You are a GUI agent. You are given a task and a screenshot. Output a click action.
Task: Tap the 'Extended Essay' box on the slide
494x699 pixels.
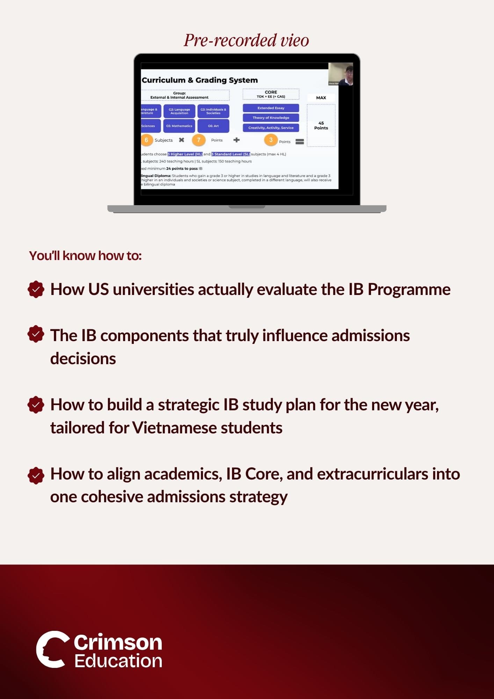[x=271, y=108]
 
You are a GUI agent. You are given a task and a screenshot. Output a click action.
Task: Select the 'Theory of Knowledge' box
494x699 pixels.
[x=271, y=118]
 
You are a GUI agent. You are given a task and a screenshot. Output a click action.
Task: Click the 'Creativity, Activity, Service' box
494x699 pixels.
[x=271, y=128]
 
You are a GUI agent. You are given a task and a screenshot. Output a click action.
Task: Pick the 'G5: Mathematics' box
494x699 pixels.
[x=179, y=126]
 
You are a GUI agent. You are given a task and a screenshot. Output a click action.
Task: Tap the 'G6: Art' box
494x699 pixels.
[x=213, y=126]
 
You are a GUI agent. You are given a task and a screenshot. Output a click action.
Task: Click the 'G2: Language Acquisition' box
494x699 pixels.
[x=179, y=111]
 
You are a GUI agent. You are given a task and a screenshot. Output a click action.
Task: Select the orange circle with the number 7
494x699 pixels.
[x=198, y=140]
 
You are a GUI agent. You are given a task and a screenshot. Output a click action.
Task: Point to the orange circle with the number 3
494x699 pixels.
[x=270, y=140]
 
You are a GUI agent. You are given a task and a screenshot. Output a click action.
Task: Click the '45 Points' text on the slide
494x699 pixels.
[x=321, y=125]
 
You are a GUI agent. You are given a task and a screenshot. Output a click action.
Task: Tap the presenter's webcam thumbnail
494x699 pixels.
[x=341, y=74]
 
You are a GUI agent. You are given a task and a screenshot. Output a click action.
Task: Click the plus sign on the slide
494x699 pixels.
[x=237, y=140]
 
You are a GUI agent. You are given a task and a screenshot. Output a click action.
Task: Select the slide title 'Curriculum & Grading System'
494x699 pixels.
[x=199, y=80]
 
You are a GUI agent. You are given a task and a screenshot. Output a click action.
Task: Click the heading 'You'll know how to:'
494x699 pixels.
[x=85, y=256]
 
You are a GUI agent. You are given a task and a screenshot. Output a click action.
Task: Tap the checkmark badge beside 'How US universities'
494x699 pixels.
[x=36, y=289]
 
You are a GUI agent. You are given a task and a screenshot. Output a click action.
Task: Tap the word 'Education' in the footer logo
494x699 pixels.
[x=118, y=661]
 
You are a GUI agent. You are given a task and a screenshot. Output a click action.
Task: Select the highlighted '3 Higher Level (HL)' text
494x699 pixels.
[x=185, y=154]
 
